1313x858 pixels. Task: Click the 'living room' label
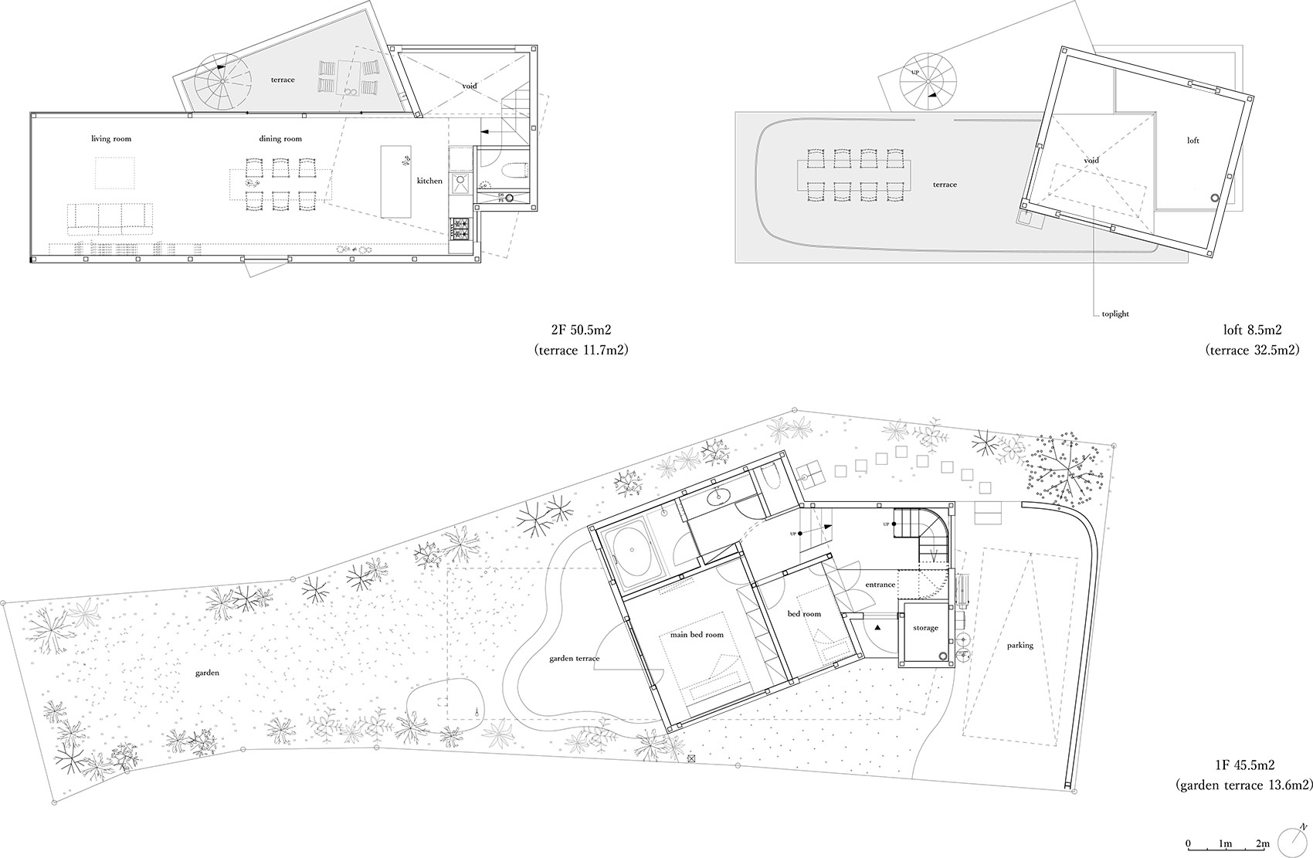click(x=111, y=139)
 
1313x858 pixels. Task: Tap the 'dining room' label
click(x=280, y=139)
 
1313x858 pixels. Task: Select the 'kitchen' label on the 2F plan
click(x=429, y=181)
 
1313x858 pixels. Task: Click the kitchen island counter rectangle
click(x=397, y=181)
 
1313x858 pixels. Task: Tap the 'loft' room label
click(x=1193, y=141)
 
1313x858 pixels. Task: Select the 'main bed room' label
click(x=697, y=635)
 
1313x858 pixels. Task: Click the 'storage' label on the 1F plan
click(x=925, y=628)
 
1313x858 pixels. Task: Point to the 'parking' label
click(x=1020, y=646)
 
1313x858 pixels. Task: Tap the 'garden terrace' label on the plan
click(x=575, y=659)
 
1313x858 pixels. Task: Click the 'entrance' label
click(x=880, y=585)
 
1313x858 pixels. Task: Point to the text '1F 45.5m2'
click(x=1243, y=765)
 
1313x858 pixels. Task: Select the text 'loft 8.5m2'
click(x=1243, y=331)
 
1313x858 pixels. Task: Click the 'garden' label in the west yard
click(x=206, y=673)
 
